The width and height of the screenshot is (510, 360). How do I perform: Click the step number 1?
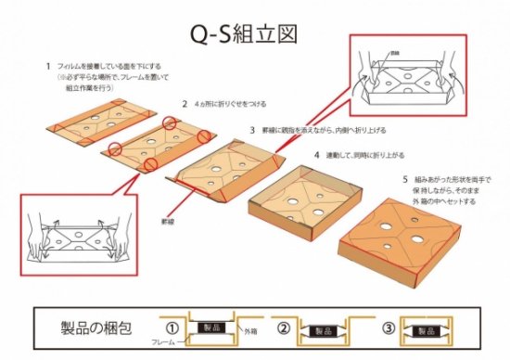point(47,66)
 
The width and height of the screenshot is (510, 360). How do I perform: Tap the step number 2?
point(185,104)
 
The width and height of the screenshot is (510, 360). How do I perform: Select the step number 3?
point(251,131)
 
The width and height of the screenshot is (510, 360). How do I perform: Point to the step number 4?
point(317,155)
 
